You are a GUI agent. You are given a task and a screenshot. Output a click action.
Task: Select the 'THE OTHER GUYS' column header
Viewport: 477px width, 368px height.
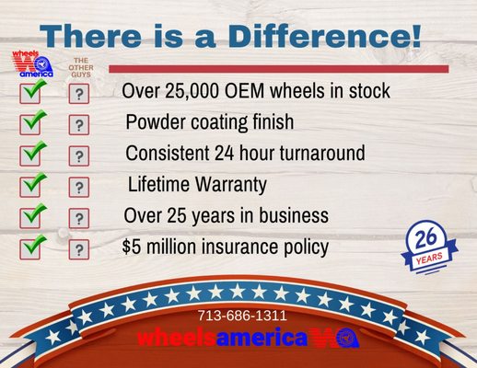[81, 66]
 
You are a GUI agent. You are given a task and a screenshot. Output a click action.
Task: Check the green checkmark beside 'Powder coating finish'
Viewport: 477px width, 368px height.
[33, 121]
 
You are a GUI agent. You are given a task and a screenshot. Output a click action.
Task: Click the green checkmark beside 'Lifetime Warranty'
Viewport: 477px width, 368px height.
[33, 183]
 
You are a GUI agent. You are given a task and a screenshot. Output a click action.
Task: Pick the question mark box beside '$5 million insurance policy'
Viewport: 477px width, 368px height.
[80, 249]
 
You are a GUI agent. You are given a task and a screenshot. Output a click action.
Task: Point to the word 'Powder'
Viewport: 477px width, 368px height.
[157, 122]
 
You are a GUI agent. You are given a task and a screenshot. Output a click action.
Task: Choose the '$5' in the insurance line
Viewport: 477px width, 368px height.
[132, 247]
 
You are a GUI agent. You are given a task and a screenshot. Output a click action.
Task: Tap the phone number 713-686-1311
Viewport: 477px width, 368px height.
[242, 316]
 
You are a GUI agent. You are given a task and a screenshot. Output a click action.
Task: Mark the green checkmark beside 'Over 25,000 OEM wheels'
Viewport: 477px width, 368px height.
[33, 90]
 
